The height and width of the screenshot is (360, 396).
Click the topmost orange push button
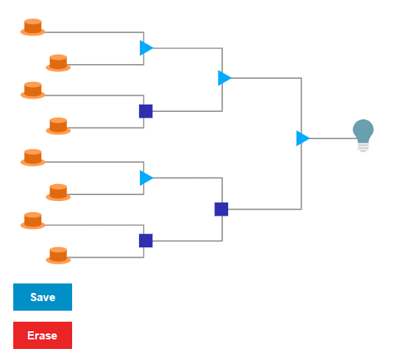point(33,27)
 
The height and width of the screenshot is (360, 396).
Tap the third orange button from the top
point(33,91)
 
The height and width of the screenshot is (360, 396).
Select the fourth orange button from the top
point(58,126)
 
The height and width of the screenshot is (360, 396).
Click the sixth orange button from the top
point(58,192)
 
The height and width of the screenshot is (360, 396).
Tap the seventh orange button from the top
point(33,221)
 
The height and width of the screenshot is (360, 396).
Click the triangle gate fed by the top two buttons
point(146,48)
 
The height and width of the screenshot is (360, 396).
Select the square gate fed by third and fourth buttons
point(146,111)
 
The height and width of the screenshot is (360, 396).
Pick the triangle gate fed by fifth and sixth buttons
point(146,178)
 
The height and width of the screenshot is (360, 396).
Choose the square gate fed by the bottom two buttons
point(146,241)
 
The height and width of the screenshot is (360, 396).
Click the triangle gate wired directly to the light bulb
point(303,138)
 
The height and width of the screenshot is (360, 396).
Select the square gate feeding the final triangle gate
point(222,209)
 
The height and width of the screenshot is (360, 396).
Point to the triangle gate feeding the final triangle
point(224,78)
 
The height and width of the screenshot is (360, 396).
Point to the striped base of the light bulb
point(363,147)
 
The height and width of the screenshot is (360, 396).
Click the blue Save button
point(43,297)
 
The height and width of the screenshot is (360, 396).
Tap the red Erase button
point(43,335)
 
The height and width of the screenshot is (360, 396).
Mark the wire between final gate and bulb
point(333,138)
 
